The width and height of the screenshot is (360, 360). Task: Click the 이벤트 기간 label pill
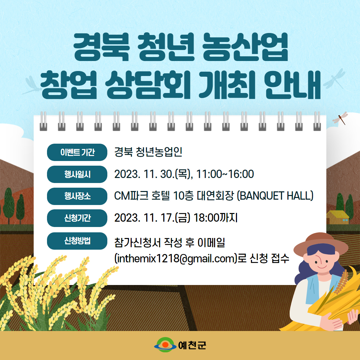[77, 152]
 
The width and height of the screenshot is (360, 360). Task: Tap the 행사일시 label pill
[77, 174]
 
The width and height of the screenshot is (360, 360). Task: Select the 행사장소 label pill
[77, 196]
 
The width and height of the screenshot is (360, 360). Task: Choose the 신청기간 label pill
[77, 218]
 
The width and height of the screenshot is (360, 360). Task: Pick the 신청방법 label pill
[77, 241]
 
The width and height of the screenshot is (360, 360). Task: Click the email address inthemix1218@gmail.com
[176, 259]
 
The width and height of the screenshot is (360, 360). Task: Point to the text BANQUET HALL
[275, 196]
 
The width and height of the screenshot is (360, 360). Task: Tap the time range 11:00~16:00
[225, 174]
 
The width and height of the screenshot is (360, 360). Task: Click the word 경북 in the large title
[101, 47]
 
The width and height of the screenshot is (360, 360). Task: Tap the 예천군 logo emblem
[165, 345]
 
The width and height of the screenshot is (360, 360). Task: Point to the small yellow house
[337, 217]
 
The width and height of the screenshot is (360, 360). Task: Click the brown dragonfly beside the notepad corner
[341, 118]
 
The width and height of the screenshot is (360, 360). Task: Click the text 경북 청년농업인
[148, 152]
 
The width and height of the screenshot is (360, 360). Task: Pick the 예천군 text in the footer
[192, 345]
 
